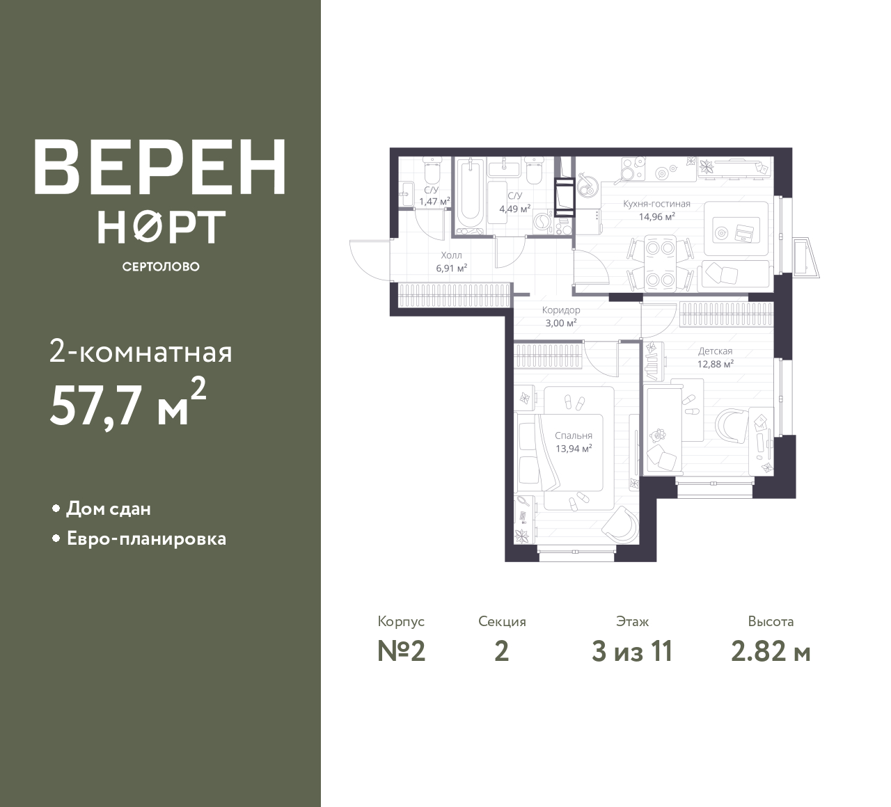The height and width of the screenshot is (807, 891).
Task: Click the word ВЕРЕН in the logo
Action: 160,168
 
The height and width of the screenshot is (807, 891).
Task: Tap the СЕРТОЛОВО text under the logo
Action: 161,266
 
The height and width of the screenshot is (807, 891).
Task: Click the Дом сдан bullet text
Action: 109,509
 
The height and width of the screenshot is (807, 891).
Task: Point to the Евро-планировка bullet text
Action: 147,539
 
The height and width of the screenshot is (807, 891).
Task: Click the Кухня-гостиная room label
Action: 656,204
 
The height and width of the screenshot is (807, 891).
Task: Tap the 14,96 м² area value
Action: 657,216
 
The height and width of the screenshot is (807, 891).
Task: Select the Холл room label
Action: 451,255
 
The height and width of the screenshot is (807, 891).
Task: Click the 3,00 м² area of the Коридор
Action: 561,323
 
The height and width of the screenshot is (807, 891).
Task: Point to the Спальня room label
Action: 574,436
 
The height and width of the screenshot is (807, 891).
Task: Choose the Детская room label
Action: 715,351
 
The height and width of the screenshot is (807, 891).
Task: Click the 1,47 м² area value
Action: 434,202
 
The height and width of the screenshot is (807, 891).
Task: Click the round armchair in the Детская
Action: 732,425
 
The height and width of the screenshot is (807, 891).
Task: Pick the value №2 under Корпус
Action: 402,652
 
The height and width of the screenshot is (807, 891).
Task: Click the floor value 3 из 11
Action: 632,652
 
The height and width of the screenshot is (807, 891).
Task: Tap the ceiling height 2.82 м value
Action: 771,652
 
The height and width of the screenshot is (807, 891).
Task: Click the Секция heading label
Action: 502,621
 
